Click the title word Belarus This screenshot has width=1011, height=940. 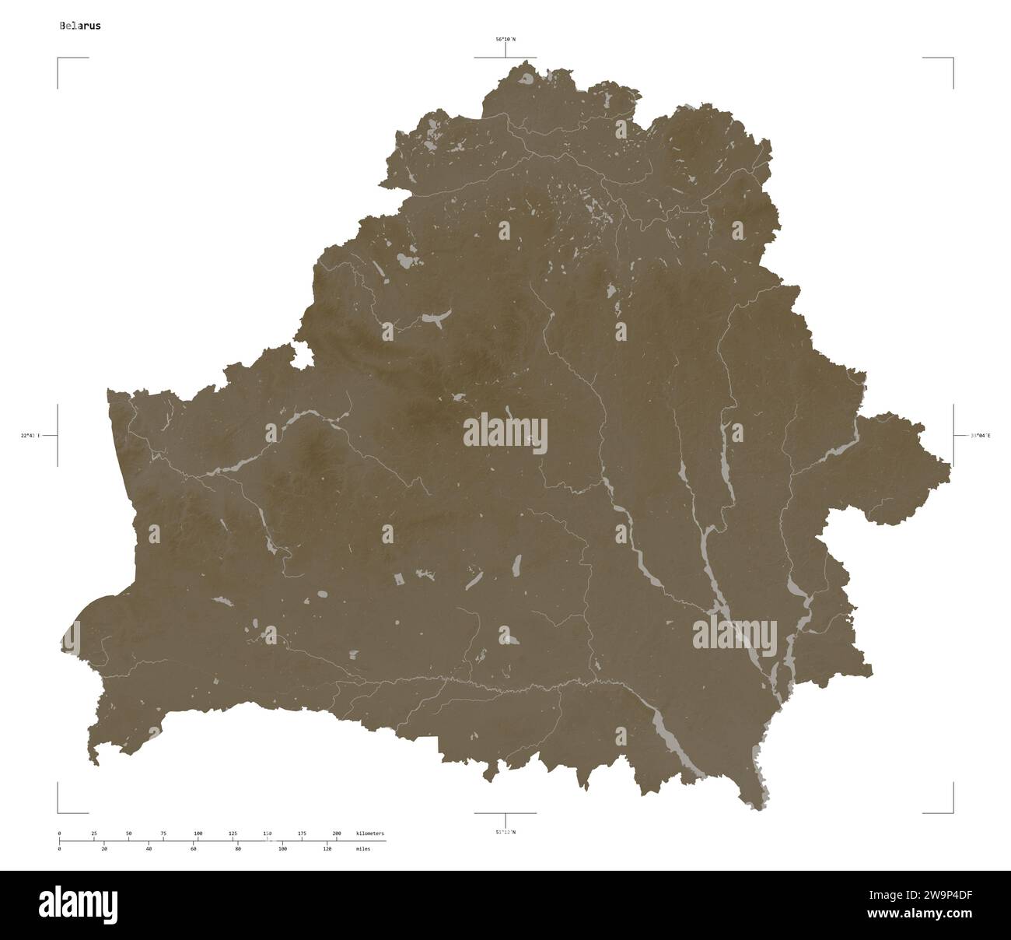point(79,25)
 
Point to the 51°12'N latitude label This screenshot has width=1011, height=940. point(505,833)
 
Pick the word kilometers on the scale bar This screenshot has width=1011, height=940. point(369,833)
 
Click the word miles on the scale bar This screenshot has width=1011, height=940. point(362,849)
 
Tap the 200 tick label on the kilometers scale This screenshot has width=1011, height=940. point(337,833)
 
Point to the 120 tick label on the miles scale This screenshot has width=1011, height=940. point(327,849)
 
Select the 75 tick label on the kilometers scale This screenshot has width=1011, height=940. point(163,833)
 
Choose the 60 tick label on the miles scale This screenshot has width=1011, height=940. point(193,849)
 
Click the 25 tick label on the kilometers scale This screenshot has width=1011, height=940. point(94,833)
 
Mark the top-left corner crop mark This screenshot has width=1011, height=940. point(59,59)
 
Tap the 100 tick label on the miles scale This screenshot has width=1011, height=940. point(282,849)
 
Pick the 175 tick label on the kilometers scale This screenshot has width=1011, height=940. point(302,833)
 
